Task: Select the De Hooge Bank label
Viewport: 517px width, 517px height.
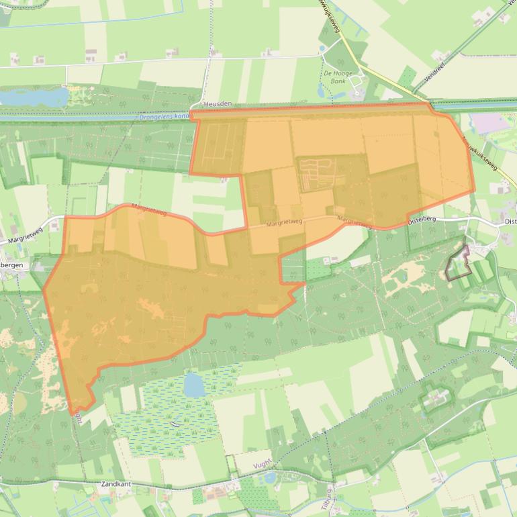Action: [x=338, y=77]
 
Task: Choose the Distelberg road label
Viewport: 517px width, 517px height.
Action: [x=422, y=219]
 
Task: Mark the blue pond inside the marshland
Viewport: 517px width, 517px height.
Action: [x=193, y=385]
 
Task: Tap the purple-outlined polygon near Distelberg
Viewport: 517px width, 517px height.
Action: [x=459, y=265]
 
